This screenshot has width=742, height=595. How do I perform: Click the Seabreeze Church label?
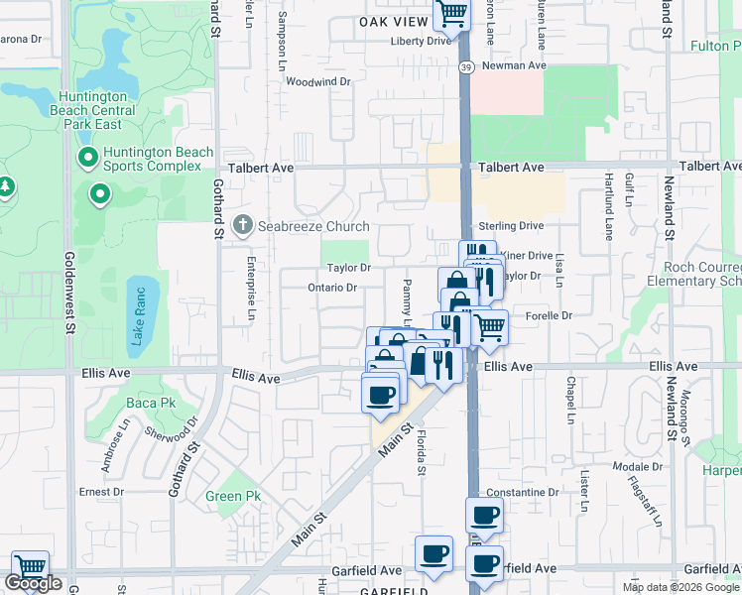coord(313,226)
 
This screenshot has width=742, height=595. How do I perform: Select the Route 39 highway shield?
coord(466,66)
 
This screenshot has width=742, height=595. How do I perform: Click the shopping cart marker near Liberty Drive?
coord(451,15)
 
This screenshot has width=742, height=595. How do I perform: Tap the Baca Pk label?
coord(151,404)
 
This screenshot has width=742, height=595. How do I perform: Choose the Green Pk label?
coord(233,496)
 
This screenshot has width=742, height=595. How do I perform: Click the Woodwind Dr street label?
coord(318,82)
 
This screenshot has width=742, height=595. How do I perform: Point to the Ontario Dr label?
coord(332,288)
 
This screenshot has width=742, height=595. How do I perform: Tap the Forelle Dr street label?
coord(554,315)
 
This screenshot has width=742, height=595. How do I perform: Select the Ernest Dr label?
coord(101,491)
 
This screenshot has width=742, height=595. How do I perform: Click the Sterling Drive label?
coord(511,226)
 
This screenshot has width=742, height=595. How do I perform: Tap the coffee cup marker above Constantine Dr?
coord(484,515)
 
